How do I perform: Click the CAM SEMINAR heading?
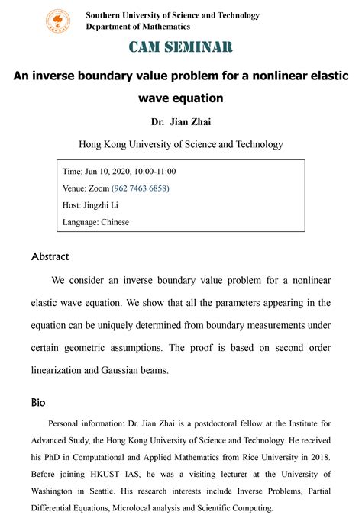coord(181,47)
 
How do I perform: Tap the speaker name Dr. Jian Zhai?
coord(180,121)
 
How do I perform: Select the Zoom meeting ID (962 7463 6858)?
coord(141,188)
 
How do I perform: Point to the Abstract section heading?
coord(50,257)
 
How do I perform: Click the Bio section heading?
coord(38,401)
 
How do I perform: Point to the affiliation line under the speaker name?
coord(181,144)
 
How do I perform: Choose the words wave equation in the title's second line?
coord(181,98)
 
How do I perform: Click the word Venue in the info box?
coord(77,188)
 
